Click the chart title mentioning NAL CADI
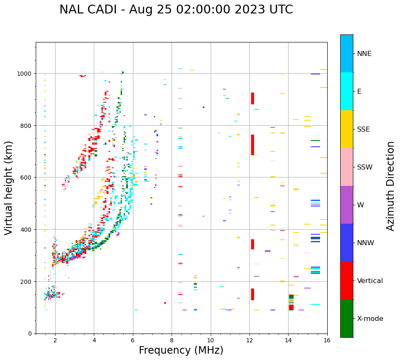click(176, 10)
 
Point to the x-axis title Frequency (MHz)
click(181, 350)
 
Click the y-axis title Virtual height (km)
click(9, 188)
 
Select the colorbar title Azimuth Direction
click(391, 186)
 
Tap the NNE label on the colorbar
click(364, 53)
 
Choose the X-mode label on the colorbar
click(370, 319)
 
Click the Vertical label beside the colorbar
click(370, 281)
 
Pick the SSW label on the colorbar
click(365, 167)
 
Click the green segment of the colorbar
click(347, 318)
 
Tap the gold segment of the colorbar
click(347, 129)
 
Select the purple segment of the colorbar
click(347, 205)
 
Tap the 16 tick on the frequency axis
click(327, 340)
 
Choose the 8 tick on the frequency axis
click(172, 340)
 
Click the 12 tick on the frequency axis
click(249, 340)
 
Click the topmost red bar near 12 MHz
click(252, 98)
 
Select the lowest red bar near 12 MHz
click(252, 294)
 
